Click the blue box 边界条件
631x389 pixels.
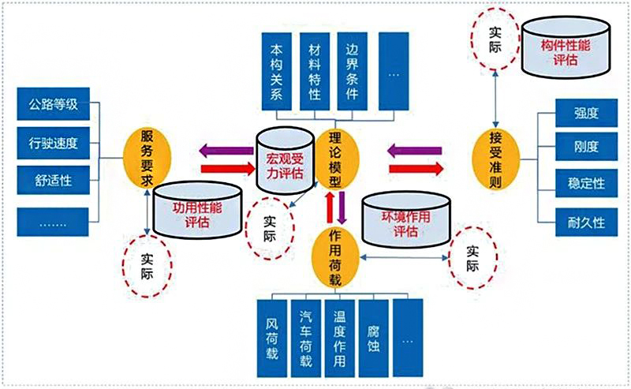tap(353, 71)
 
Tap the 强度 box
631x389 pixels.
tap(585, 113)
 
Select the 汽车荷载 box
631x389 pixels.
tap(306, 335)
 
